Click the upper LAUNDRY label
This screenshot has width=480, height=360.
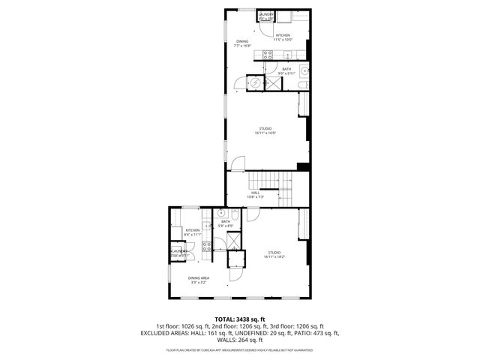(266, 14)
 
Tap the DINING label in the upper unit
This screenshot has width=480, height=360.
(242, 41)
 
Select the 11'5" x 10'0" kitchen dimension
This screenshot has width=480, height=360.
(283, 40)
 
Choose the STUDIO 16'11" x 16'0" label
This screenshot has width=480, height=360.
(266, 130)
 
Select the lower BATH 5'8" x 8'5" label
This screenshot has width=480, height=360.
(225, 223)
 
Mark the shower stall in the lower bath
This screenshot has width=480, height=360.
(235, 240)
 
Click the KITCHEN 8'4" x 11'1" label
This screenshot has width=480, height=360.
(193, 232)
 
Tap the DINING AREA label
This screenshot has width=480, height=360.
(199, 280)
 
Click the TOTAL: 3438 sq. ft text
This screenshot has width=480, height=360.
(240, 319)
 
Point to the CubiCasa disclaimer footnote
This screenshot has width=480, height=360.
(240, 350)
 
